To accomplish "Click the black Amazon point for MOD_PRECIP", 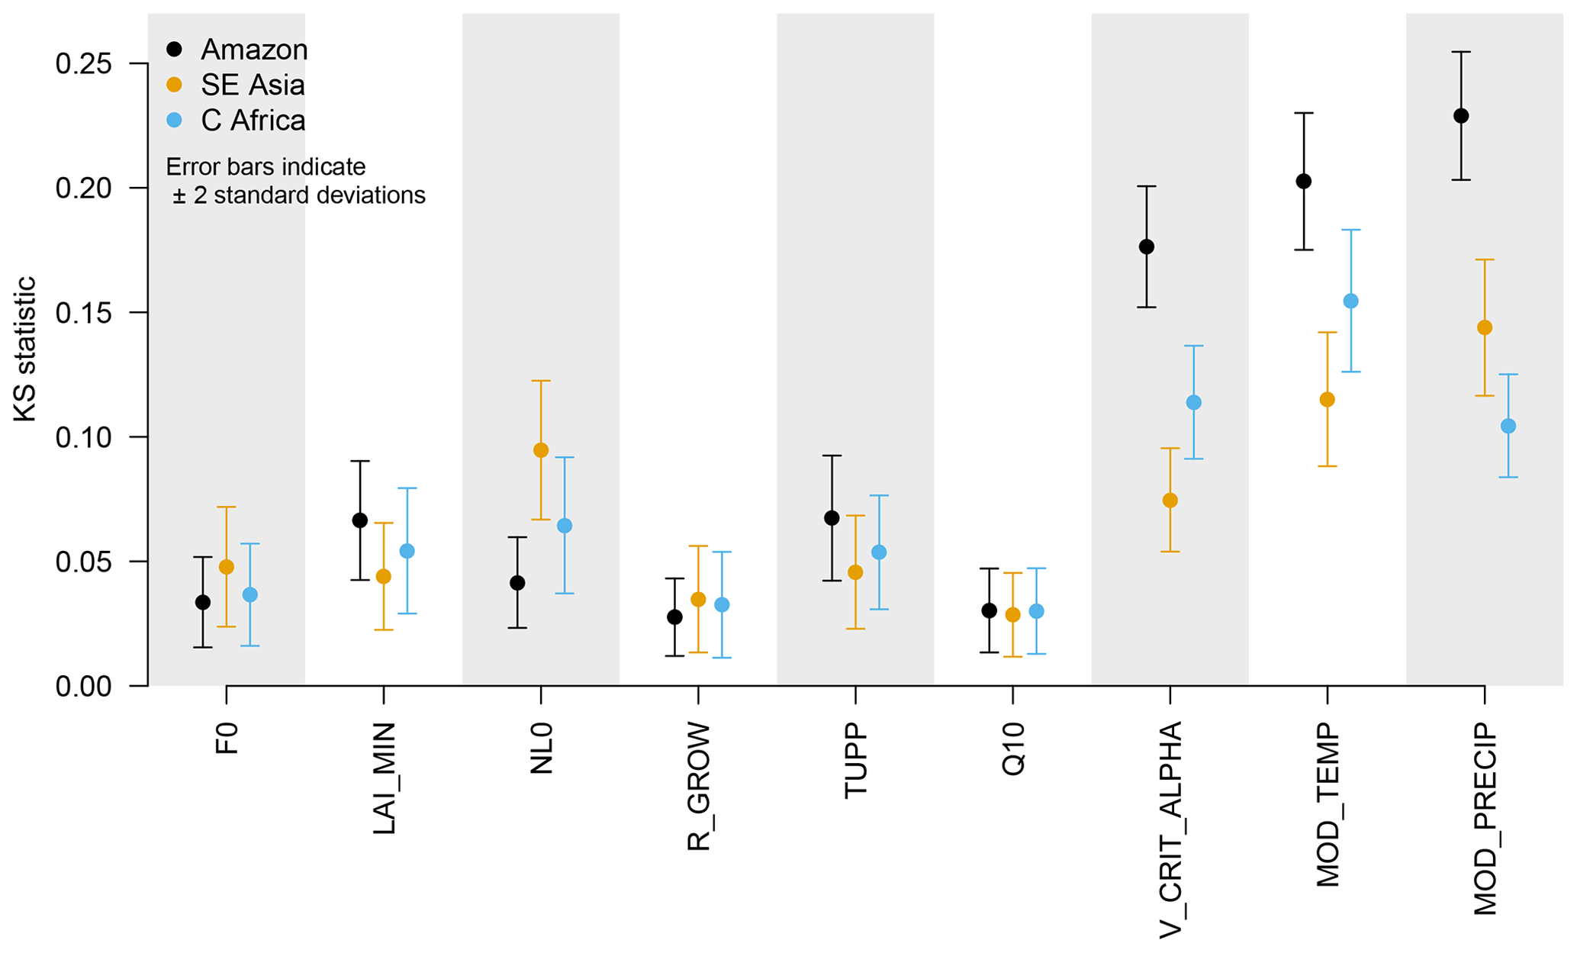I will click(1461, 116).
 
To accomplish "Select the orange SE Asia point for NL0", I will click(541, 450).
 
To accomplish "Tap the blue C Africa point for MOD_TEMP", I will click(1350, 301).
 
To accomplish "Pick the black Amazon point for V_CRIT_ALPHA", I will click(1146, 246).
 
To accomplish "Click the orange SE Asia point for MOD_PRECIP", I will click(1485, 327).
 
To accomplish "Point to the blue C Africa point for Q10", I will click(1036, 611).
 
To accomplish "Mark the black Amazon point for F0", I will click(203, 602).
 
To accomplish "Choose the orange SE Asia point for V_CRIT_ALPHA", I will click(1170, 501).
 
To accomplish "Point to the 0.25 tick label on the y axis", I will click(84, 64).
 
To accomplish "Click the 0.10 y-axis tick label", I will click(84, 438).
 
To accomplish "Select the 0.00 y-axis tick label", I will click(84, 687).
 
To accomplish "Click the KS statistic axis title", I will click(25, 349).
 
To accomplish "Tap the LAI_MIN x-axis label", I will click(384, 778).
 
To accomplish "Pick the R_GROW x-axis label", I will click(698, 786).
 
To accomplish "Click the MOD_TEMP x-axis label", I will click(1328, 805).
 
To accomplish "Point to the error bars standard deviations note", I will click(296, 181).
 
